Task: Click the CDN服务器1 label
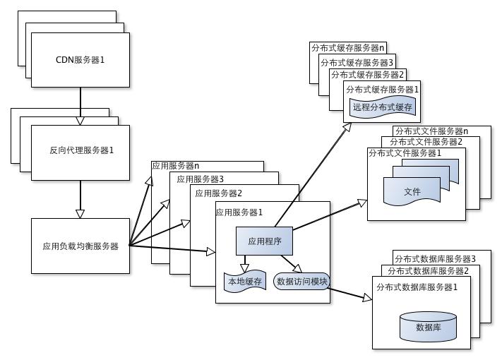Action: (x=80, y=60)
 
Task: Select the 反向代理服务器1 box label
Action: (x=81, y=150)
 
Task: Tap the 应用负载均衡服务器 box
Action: (x=80, y=246)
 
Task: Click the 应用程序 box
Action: (x=265, y=241)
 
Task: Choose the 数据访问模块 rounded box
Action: (x=302, y=282)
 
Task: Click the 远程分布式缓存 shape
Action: (x=382, y=107)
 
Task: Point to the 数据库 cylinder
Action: (x=429, y=327)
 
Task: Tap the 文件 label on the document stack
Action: (x=412, y=192)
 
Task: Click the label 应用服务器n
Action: (x=176, y=166)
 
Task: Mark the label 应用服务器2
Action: (x=218, y=193)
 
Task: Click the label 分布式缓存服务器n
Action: (x=348, y=48)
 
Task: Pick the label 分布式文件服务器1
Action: (x=405, y=152)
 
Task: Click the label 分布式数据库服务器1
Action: (x=417, y=287)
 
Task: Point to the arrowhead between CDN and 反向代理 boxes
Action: (x=80, y=121)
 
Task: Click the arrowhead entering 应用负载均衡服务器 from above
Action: (x=80, y=213)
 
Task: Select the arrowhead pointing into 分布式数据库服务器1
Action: (x=366, y=299)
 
